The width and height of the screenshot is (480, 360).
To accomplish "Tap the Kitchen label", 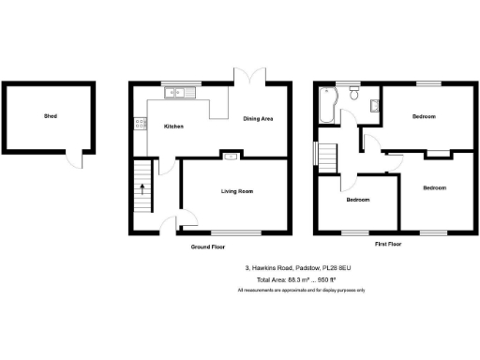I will click(173, 126).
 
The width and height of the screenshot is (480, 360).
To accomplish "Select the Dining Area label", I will click(258, 119).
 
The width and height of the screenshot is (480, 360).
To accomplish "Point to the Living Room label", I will click(237, 191).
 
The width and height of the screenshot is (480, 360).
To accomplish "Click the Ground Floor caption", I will click(207, 247).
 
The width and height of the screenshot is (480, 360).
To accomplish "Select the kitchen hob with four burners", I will click(141, 121).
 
